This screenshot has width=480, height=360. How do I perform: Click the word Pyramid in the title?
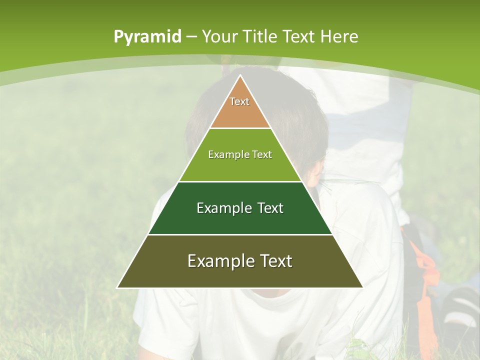(x=147, y=37)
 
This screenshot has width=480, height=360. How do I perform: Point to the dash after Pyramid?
(x=191, y=37)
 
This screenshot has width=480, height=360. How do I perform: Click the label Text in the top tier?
(x=239, y=101)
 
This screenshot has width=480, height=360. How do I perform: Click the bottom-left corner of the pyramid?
(x=117, y=287)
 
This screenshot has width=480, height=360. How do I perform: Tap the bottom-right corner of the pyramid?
(x=362, y=287)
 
